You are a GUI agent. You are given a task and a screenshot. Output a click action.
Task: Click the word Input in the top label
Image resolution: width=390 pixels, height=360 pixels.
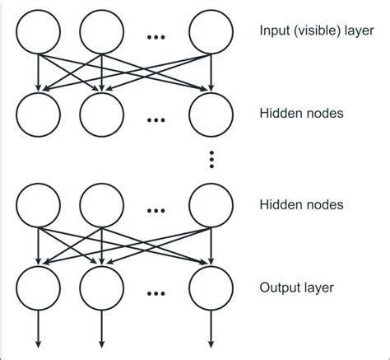click(272, 33)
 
